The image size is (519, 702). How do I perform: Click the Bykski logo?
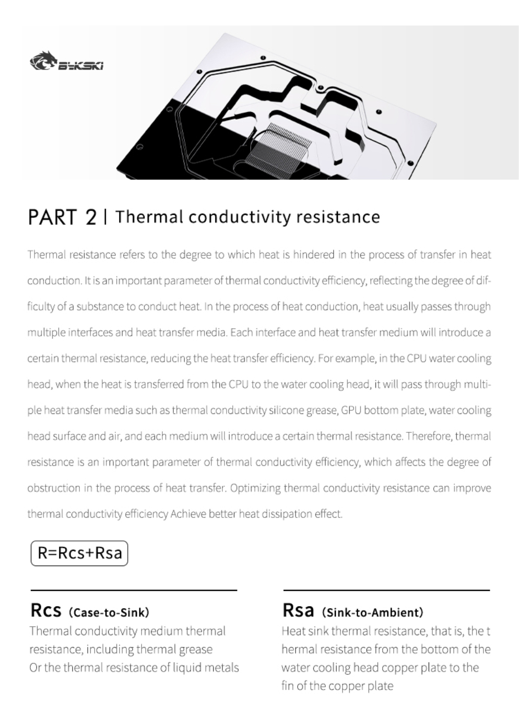click(x=66, y=62)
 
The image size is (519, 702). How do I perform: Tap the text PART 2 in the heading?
click(x=62, y=217)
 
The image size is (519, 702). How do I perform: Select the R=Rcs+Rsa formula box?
click(x=79, y=553)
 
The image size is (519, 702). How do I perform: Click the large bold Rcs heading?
click(x=46, y=610)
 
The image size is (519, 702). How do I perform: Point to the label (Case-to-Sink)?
click(x=109, y=612)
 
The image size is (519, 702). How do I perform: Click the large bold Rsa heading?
click(x=298, y=610)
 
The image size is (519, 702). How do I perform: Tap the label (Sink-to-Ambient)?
click(x=372, y=612)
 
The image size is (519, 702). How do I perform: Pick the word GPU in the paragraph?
click(x=351, y=410)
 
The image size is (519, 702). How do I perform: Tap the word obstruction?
click(x=54, y=488)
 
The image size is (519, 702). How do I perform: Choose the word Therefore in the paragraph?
click(x=429, y=436)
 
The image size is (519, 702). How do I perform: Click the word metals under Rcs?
click(x=222, y=668)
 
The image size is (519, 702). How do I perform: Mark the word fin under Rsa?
click(x=288, y=686)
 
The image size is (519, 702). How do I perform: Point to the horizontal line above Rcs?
click(x=134, y=590)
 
